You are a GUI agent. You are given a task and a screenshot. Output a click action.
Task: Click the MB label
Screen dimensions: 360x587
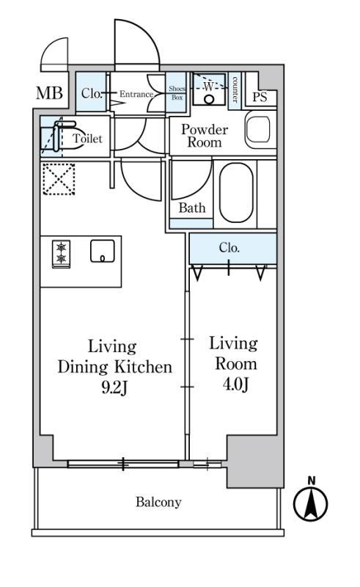(49, 93)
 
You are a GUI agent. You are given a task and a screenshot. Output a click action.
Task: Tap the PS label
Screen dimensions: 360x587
(260, 97)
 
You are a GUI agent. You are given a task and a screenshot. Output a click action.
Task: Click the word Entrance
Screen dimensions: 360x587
(136, 94)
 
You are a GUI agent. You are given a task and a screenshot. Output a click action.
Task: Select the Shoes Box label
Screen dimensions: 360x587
(177, 93)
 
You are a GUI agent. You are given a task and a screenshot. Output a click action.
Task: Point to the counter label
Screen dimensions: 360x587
(235, 90)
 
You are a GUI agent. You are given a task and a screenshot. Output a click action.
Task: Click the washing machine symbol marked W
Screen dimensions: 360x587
(209, 89)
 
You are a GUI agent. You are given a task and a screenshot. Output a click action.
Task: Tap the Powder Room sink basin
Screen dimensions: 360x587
(258, 130)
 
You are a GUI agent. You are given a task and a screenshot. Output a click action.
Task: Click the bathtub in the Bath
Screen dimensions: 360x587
(236, 193)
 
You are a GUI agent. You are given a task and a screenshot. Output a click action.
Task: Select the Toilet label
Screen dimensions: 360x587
(87, 138)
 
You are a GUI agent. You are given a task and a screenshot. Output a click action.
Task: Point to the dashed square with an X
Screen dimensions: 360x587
(59, 179)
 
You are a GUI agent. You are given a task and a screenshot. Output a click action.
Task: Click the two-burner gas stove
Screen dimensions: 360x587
(61, 254)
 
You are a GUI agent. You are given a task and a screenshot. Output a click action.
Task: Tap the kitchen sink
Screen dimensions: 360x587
(103, 251)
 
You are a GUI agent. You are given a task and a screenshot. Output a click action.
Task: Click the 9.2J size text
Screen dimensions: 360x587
(114, 388)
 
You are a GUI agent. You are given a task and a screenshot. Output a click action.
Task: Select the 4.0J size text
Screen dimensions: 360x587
(236, 384)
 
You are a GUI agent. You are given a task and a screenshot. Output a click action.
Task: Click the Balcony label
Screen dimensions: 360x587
(158, 502)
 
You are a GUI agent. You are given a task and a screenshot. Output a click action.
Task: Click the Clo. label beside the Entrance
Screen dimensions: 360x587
(92, 93)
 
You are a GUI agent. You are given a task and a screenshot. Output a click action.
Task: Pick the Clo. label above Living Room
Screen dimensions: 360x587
(229, 247)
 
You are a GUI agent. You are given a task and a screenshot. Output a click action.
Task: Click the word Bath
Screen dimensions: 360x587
(192, 208)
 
